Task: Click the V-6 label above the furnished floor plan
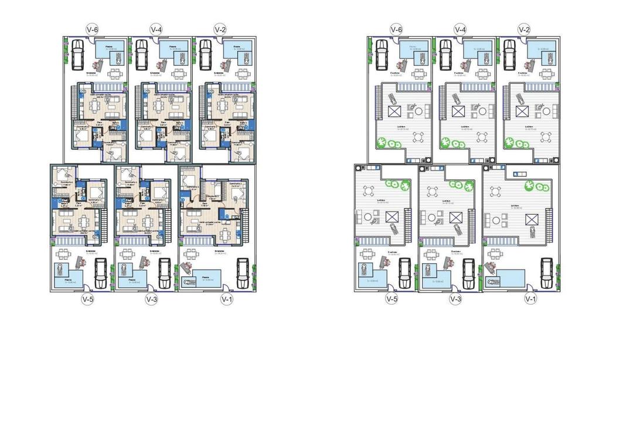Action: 91,29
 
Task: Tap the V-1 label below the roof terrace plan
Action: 530,299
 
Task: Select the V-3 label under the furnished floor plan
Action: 151,299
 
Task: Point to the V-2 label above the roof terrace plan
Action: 525,29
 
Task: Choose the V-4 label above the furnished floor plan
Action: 156,29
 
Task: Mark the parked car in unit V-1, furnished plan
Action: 241,273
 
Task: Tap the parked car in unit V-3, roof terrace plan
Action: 469,272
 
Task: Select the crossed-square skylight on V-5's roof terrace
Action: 392,217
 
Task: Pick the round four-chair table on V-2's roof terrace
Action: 546,138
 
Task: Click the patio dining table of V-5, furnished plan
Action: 74,256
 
